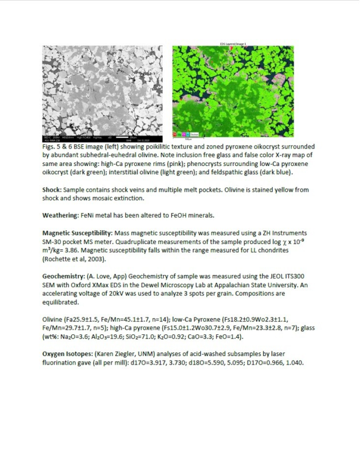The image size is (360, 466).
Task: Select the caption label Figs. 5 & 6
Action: click(x=59, y=148)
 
